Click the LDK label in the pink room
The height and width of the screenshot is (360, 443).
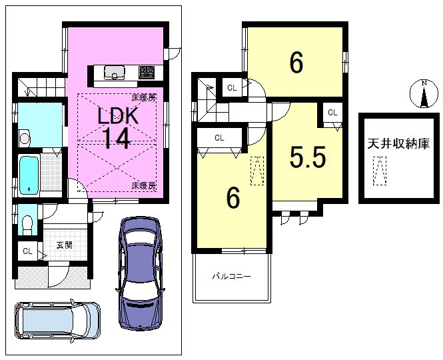[x=118, y=115]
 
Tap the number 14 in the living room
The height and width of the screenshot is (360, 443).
[x=117, y=138]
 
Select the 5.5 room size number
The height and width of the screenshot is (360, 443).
[x=308, y=157]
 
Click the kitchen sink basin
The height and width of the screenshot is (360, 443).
[x=115, y=73]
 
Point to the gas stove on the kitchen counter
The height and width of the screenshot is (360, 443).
[x=147, y=73]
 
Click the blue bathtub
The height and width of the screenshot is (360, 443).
[x=29, y=175]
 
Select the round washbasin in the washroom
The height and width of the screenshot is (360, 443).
[x=25, y=138]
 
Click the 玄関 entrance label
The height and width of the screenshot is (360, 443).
[x=65, y=245]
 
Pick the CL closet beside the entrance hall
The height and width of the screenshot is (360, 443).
[x=27, y=251]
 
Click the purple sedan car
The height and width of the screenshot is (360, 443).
[x=140, y=273]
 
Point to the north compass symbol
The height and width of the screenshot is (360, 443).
[x=424, y=94]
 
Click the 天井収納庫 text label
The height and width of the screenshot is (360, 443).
[x=398, y=144]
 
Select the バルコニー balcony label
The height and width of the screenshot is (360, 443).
[x=231, y=276]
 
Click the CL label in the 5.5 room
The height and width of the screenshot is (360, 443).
[x=332, y=113]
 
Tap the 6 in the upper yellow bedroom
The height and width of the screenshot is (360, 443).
[x=296, y=63]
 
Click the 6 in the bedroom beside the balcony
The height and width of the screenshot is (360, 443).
[x=233, y=198]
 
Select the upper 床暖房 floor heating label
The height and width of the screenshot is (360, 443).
[x=144, y=98]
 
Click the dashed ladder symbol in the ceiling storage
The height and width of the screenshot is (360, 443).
[x=380, y=171]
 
